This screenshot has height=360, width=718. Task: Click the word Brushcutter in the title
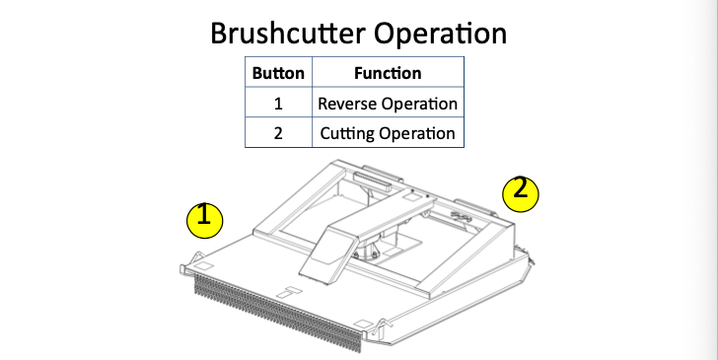pos(288,34)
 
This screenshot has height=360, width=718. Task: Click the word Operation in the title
pos(441,34)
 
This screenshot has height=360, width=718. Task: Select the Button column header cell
pos(278,72)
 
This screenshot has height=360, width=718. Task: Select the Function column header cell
pos(388,72)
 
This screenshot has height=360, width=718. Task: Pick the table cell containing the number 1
pos(278,103)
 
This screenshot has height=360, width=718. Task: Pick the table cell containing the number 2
pos(278,132)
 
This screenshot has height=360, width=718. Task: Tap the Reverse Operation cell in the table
pos(388,103)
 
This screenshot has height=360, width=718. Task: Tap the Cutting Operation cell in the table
pos(388,132)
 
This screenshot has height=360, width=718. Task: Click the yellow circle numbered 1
pos(205,220)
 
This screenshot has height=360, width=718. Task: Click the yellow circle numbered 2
pos(521,194)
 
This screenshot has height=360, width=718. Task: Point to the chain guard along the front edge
pos(278,314)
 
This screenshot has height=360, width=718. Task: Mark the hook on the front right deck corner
pos(381,326)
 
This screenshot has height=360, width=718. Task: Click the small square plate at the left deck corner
pos(203,266)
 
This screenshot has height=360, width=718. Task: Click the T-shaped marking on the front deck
pos(289,292)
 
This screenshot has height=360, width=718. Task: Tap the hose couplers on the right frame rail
pos(462,216)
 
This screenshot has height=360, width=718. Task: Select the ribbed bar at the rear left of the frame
pos(372,181)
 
